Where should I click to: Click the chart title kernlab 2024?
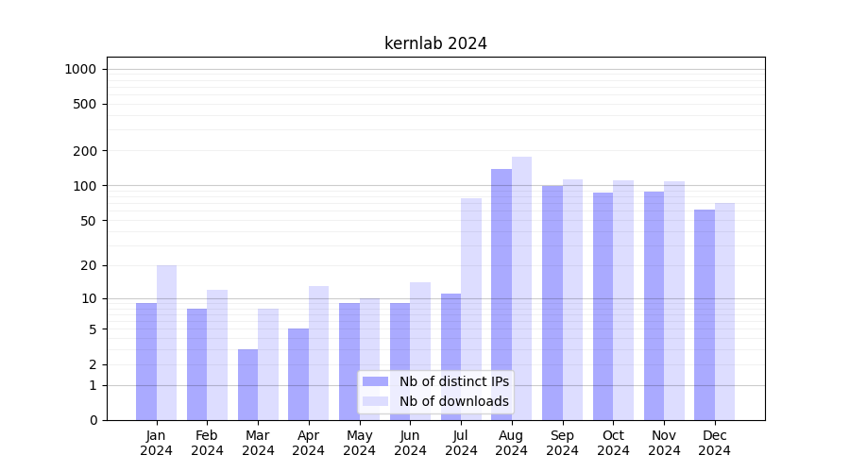[435, 43]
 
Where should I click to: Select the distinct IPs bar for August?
[501, 295]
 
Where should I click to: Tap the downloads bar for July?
[471, 309]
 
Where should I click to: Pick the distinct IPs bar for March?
[247, 384]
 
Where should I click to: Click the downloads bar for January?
[166, 343]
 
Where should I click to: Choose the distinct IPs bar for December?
[705, 314]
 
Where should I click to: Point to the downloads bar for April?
[318, 353]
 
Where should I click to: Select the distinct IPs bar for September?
[552, 302]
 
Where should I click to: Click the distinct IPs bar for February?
[196, 364]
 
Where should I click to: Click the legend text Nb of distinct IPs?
[453, 381]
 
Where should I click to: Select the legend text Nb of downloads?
[453, 401]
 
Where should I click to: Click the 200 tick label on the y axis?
[86, 151]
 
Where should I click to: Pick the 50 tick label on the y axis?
[89, 221]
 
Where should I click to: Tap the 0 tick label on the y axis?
[93, 420]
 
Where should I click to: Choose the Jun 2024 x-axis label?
[410, 443]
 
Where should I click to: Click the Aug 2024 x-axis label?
[512, 443]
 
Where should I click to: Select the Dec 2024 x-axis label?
[714, 443]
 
